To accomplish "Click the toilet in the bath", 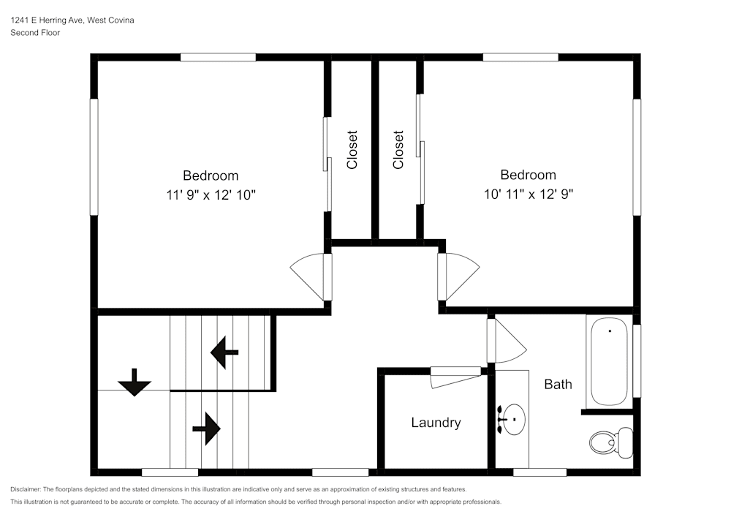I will (610, 442).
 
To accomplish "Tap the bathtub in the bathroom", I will (609, 361).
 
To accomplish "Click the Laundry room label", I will (436, 423).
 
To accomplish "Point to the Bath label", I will (558, 384).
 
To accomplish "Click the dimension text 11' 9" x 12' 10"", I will (211, 195).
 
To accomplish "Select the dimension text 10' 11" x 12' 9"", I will (528, 195).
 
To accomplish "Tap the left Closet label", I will (352, 149).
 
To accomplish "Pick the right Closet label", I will (398, 149).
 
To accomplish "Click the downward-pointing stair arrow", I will (135, 382).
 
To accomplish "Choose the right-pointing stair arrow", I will (207, 428).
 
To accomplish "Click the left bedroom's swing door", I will (311, 276).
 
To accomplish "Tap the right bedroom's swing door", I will (459, 276).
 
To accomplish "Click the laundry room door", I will (455, 377).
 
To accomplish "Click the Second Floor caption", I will (35, 33).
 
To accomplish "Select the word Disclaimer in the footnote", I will (26, 489).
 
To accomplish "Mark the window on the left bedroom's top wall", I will (218, 57).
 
